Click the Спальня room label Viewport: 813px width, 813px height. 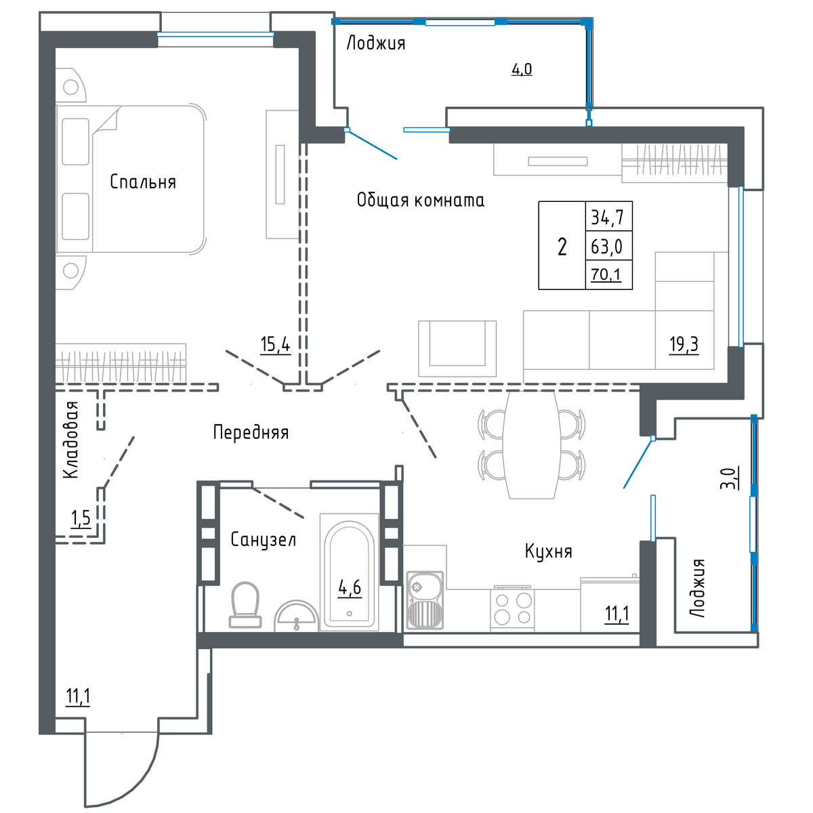tap(142, 182)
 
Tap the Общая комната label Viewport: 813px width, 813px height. tap(420, 200)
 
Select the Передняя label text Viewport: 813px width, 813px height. tap(251, 432)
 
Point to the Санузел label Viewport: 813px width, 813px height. tap(264, 540)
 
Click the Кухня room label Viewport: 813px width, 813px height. tap(549, 551)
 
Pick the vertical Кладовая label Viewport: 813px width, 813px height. tap(71, 440)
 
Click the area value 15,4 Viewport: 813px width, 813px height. tap(275, 345)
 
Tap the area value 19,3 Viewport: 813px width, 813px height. tap(684, 345)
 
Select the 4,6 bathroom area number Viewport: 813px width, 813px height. tap(350, 587)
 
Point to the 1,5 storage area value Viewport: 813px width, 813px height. tap(81, 518)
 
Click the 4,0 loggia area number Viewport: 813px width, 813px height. tap(522, 69)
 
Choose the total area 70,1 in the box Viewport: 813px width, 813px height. tap(606, 274)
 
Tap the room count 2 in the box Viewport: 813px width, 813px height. tap(562, 247)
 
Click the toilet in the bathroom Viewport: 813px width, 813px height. tap(245, 604)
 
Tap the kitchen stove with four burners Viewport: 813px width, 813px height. tap(512, 610)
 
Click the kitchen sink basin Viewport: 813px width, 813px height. tap(425, 600)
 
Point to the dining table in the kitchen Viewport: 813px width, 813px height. tap(531, 444)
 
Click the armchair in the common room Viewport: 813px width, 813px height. tap(457, 348)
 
